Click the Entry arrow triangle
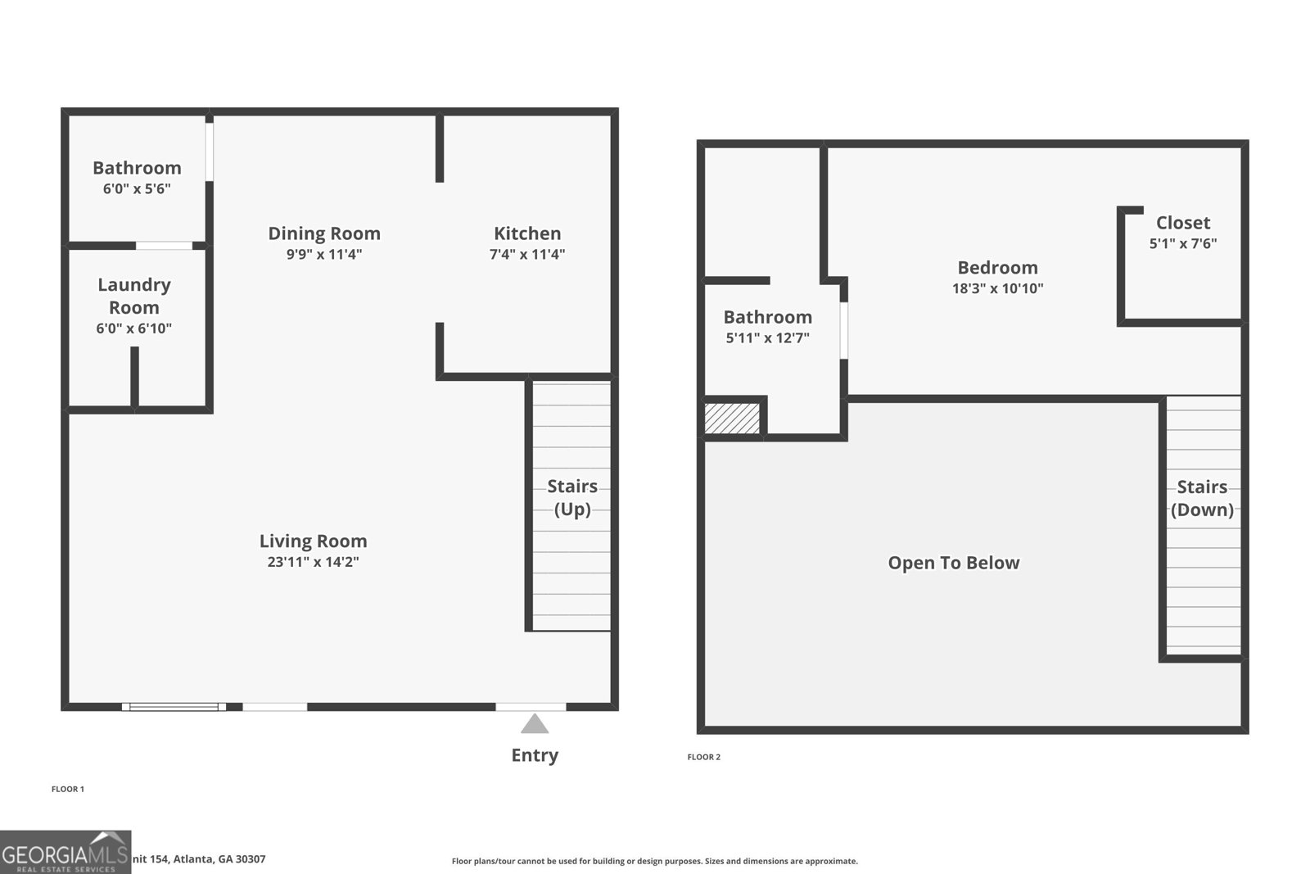click(535, 724)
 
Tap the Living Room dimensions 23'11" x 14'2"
click(313, 562)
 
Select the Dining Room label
click(324, 233)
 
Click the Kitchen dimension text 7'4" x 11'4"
click(527, 254)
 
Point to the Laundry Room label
click(134, 296)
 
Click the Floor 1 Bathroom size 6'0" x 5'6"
click(137, 188)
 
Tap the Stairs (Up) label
click(572, 497)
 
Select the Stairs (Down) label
click(1202, 498)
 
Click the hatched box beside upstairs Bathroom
click(732, 418)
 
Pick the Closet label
click(1183, 223)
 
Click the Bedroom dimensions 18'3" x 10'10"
click(997, 288)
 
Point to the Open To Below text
click(954, 563)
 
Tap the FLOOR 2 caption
click(704, 757)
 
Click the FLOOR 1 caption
click(68, 789)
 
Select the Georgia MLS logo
click(65, 852)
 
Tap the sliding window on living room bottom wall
click(174, 707)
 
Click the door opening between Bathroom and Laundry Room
click(164, 246)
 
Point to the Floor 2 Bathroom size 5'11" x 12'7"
click(768, 337)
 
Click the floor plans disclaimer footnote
click(655, 861)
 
